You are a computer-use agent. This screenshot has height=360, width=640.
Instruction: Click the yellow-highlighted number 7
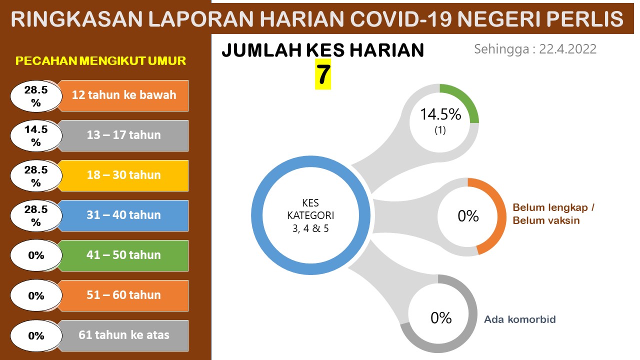323,74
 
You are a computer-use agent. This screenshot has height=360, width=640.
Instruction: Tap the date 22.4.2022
567,49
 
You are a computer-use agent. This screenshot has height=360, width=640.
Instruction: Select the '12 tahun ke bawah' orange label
123,95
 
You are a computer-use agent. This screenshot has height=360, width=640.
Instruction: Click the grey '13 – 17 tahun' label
123,135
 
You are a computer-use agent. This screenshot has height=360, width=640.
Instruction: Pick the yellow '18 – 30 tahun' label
123,175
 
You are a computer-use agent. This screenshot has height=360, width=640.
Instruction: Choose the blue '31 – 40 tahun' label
123,215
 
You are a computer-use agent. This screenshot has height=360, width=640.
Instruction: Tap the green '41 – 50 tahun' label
123,255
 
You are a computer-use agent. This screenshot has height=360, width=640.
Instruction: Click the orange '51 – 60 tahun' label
123,295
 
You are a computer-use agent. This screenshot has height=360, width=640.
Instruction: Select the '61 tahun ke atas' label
123,335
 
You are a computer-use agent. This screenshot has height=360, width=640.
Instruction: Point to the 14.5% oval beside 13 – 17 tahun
36,135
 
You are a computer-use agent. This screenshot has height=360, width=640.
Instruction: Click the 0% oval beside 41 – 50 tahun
36,255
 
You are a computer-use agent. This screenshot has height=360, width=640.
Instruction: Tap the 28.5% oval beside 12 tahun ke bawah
36,96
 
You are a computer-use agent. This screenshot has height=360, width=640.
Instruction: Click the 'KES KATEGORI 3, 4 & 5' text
310,215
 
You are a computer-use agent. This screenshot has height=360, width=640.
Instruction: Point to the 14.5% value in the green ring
440,114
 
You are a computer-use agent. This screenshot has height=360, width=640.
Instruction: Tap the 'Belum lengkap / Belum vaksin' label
553,214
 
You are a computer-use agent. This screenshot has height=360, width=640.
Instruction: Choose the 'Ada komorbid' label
520,319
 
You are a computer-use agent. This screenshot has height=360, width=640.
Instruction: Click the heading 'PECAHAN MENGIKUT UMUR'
100,61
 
